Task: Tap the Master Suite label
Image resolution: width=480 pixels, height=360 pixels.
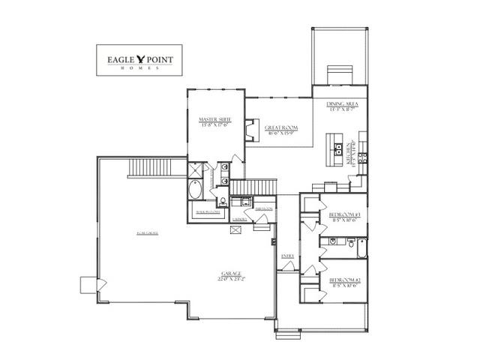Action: point(214,122)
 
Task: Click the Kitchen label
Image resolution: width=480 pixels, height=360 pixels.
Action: point(349,154)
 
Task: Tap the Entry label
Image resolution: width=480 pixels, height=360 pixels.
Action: point(287,256)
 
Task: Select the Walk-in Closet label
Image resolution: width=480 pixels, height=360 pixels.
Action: point(207,212)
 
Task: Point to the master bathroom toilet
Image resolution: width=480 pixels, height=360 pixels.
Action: point(223,200)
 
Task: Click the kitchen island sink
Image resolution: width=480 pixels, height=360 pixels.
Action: point(338,146)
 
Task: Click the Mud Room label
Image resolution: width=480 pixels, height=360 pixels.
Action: point(262,211)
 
